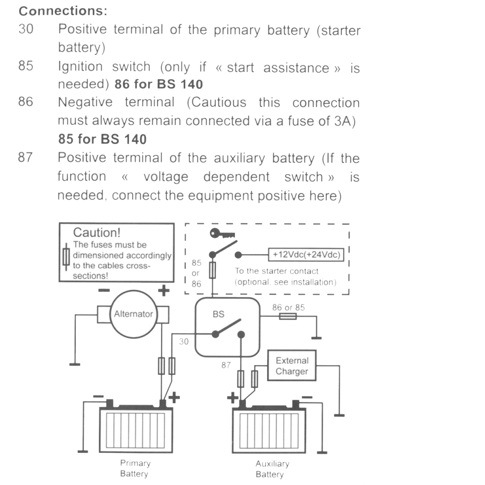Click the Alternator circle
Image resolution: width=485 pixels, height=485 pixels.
(x=133, y=314)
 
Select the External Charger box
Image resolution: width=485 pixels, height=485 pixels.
(x=292, y=366)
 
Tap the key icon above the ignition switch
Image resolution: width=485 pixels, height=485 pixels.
(x=223, y=234)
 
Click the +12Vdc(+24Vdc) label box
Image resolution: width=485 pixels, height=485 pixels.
(x=306, y=255)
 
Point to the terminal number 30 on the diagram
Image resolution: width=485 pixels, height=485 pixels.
(x=184, y=341)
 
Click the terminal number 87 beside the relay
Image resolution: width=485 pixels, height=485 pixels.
(x=226, y=365)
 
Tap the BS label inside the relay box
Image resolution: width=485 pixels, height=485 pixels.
(x=218, y=314)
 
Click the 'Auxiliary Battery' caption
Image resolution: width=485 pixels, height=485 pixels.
(x=272, y=469)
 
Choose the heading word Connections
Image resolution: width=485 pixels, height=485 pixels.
(x=63, y=11)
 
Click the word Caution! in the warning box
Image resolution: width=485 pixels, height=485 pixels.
(x=97, y=233)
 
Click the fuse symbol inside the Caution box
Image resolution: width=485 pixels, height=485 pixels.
(x=67, y=257)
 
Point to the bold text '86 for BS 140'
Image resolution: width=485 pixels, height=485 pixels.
(x=158, y=85)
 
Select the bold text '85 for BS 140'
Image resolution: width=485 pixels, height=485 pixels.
(x=102, y=139)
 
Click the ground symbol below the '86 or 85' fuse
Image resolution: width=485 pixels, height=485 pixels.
(x=316, y=337)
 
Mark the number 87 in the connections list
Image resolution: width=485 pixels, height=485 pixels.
(x=25, y=157)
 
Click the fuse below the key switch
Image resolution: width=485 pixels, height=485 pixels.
(x=213, y=270)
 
